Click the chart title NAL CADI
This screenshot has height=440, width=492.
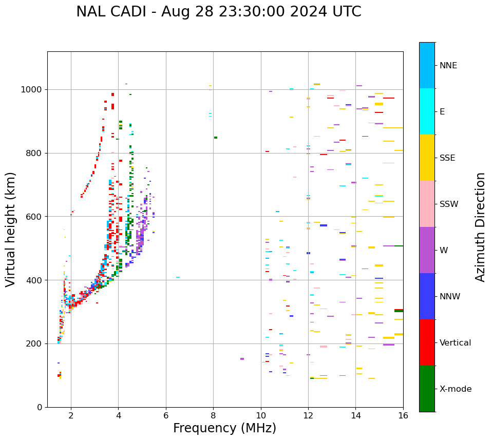click(218, 12)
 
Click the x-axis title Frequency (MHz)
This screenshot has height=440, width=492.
click(224, 428)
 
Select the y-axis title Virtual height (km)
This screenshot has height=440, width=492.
click(11, 229)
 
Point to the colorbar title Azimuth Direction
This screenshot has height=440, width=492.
click(480, 226)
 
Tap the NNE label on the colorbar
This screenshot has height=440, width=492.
click(448, 66)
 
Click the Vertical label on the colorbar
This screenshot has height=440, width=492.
click(455, 342)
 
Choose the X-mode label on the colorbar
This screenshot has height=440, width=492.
click(456, 389)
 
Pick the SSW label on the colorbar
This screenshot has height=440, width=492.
click(449, 204)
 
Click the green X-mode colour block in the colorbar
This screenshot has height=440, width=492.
click(427, 389)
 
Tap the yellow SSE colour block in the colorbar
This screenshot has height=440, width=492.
click(427, 158)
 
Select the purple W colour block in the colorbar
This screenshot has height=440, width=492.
click(427, 250)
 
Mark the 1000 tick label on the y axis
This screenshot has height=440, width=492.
click(32, 90)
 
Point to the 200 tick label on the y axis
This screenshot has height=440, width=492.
click(35, 343)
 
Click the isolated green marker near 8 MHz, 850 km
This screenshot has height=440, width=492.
click(216, 138)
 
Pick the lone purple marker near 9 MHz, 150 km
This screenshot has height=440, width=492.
click(242, 359)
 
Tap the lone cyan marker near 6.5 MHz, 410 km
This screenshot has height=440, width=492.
click(178, 277)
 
